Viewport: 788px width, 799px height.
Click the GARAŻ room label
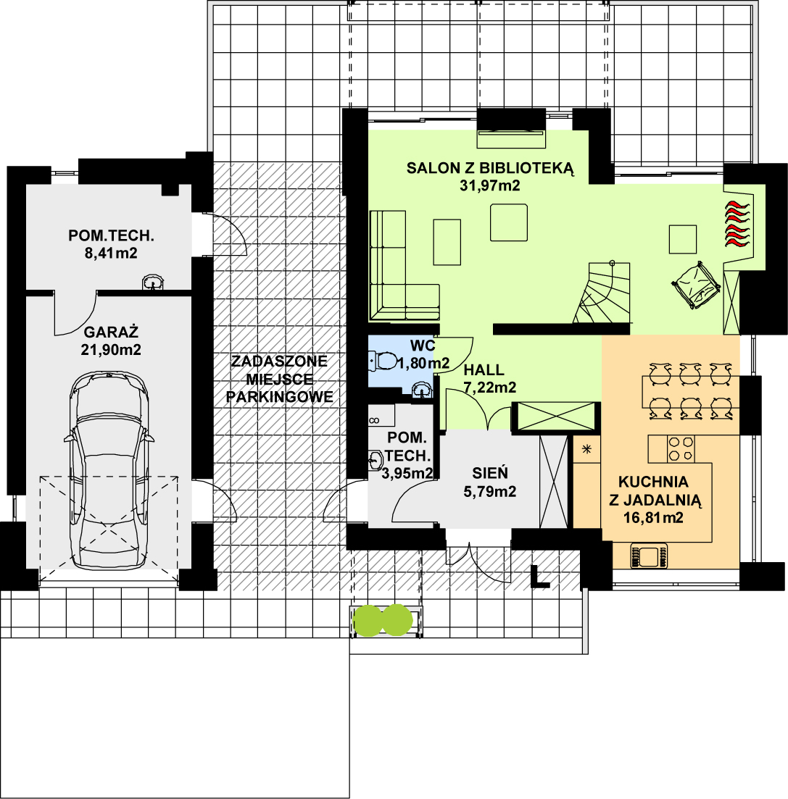[111, 332]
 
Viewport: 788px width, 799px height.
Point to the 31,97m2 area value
[490, 185]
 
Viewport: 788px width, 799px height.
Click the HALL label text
[484, 369]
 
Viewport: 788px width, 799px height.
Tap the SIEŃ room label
[490, 474]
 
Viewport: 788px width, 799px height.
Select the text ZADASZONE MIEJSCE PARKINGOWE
[279, 378]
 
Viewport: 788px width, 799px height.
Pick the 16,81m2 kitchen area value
[653, 517]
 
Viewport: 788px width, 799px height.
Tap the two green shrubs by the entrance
[382, 620]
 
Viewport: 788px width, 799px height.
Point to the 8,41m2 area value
[111, 254]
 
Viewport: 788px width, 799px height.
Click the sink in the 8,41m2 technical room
[152, 282]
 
